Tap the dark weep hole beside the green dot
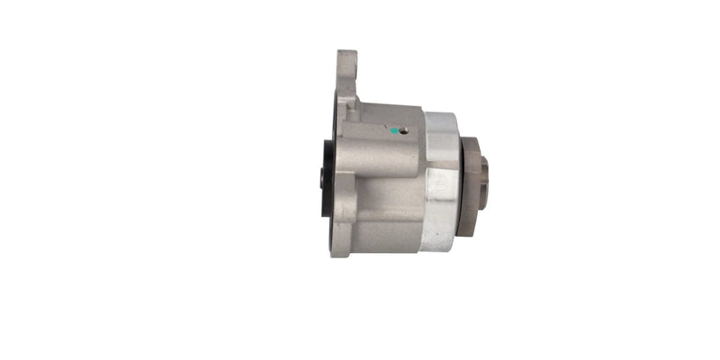pyautogui.click(x=403, y=130)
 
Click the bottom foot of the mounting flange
pyautogui.click(x=340, y=243)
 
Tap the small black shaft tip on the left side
pyautogui.click(x=322, y=178)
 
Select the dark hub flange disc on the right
pyautogui.click(x=468, y=187)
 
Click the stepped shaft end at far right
pyautogui.click(x=484, y=182)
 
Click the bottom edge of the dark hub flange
pyautogui.click(x=467, y=232)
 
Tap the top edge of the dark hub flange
pyautogui.click(x=469, y=142)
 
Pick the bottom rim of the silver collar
pyautogui.click(x=438, y=247)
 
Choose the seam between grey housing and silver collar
pyautogui.click(x=423, y=180)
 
